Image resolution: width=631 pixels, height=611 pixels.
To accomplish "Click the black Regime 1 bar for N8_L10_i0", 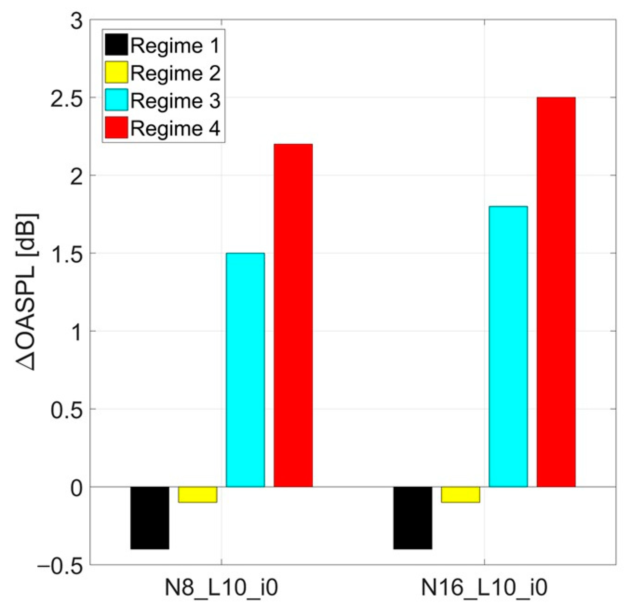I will (150, 518).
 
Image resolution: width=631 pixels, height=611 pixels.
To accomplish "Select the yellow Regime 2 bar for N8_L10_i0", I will (197, 495).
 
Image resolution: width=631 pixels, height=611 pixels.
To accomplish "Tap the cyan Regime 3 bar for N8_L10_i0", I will (245, 370).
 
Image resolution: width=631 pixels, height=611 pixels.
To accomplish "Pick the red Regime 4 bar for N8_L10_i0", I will (293, 315).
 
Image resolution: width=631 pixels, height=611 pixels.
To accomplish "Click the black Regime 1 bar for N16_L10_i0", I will (413, 518).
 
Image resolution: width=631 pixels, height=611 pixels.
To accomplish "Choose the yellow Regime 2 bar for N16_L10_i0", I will (460, 495).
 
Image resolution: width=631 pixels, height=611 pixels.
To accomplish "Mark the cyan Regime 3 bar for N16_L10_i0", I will (508, 347).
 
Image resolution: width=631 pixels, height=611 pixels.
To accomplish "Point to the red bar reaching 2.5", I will (556, 292).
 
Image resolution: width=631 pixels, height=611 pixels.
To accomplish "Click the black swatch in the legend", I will (116, 45).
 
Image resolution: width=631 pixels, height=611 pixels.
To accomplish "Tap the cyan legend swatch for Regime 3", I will (116, 100).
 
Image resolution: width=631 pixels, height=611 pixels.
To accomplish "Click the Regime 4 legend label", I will (175, 128).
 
